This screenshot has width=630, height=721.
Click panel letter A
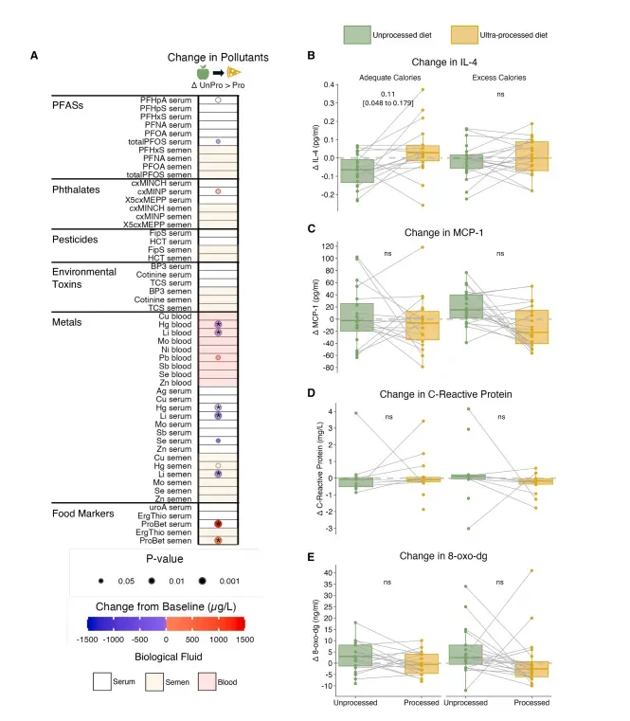(x=34, y=55)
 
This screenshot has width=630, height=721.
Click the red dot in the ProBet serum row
(x=218, y=524)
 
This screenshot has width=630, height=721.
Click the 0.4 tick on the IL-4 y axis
(x=324, y=84)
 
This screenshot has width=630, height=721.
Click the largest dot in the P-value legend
(x=203, y=580)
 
